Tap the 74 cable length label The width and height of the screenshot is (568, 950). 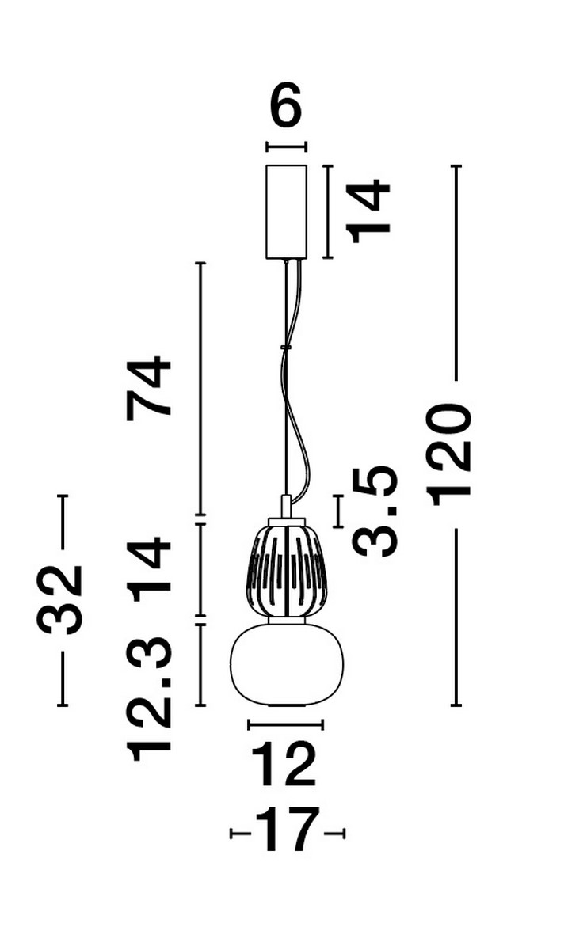click(151, 386)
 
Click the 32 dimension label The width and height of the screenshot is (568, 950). click(62, 599)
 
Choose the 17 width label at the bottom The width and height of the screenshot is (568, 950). click(288, 831)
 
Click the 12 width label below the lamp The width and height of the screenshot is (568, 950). click(284, 765)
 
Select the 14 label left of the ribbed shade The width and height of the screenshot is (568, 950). click(151, 568)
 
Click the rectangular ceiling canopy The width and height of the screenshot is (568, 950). click(286, 211)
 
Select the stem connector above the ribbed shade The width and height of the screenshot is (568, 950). click(286, 506)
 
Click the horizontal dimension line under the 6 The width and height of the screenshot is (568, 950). click(286, 146)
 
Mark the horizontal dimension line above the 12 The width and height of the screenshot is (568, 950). click(285, 723)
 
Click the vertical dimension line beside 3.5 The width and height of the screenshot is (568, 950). click(339, 511)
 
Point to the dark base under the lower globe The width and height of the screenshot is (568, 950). click(285, 705)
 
